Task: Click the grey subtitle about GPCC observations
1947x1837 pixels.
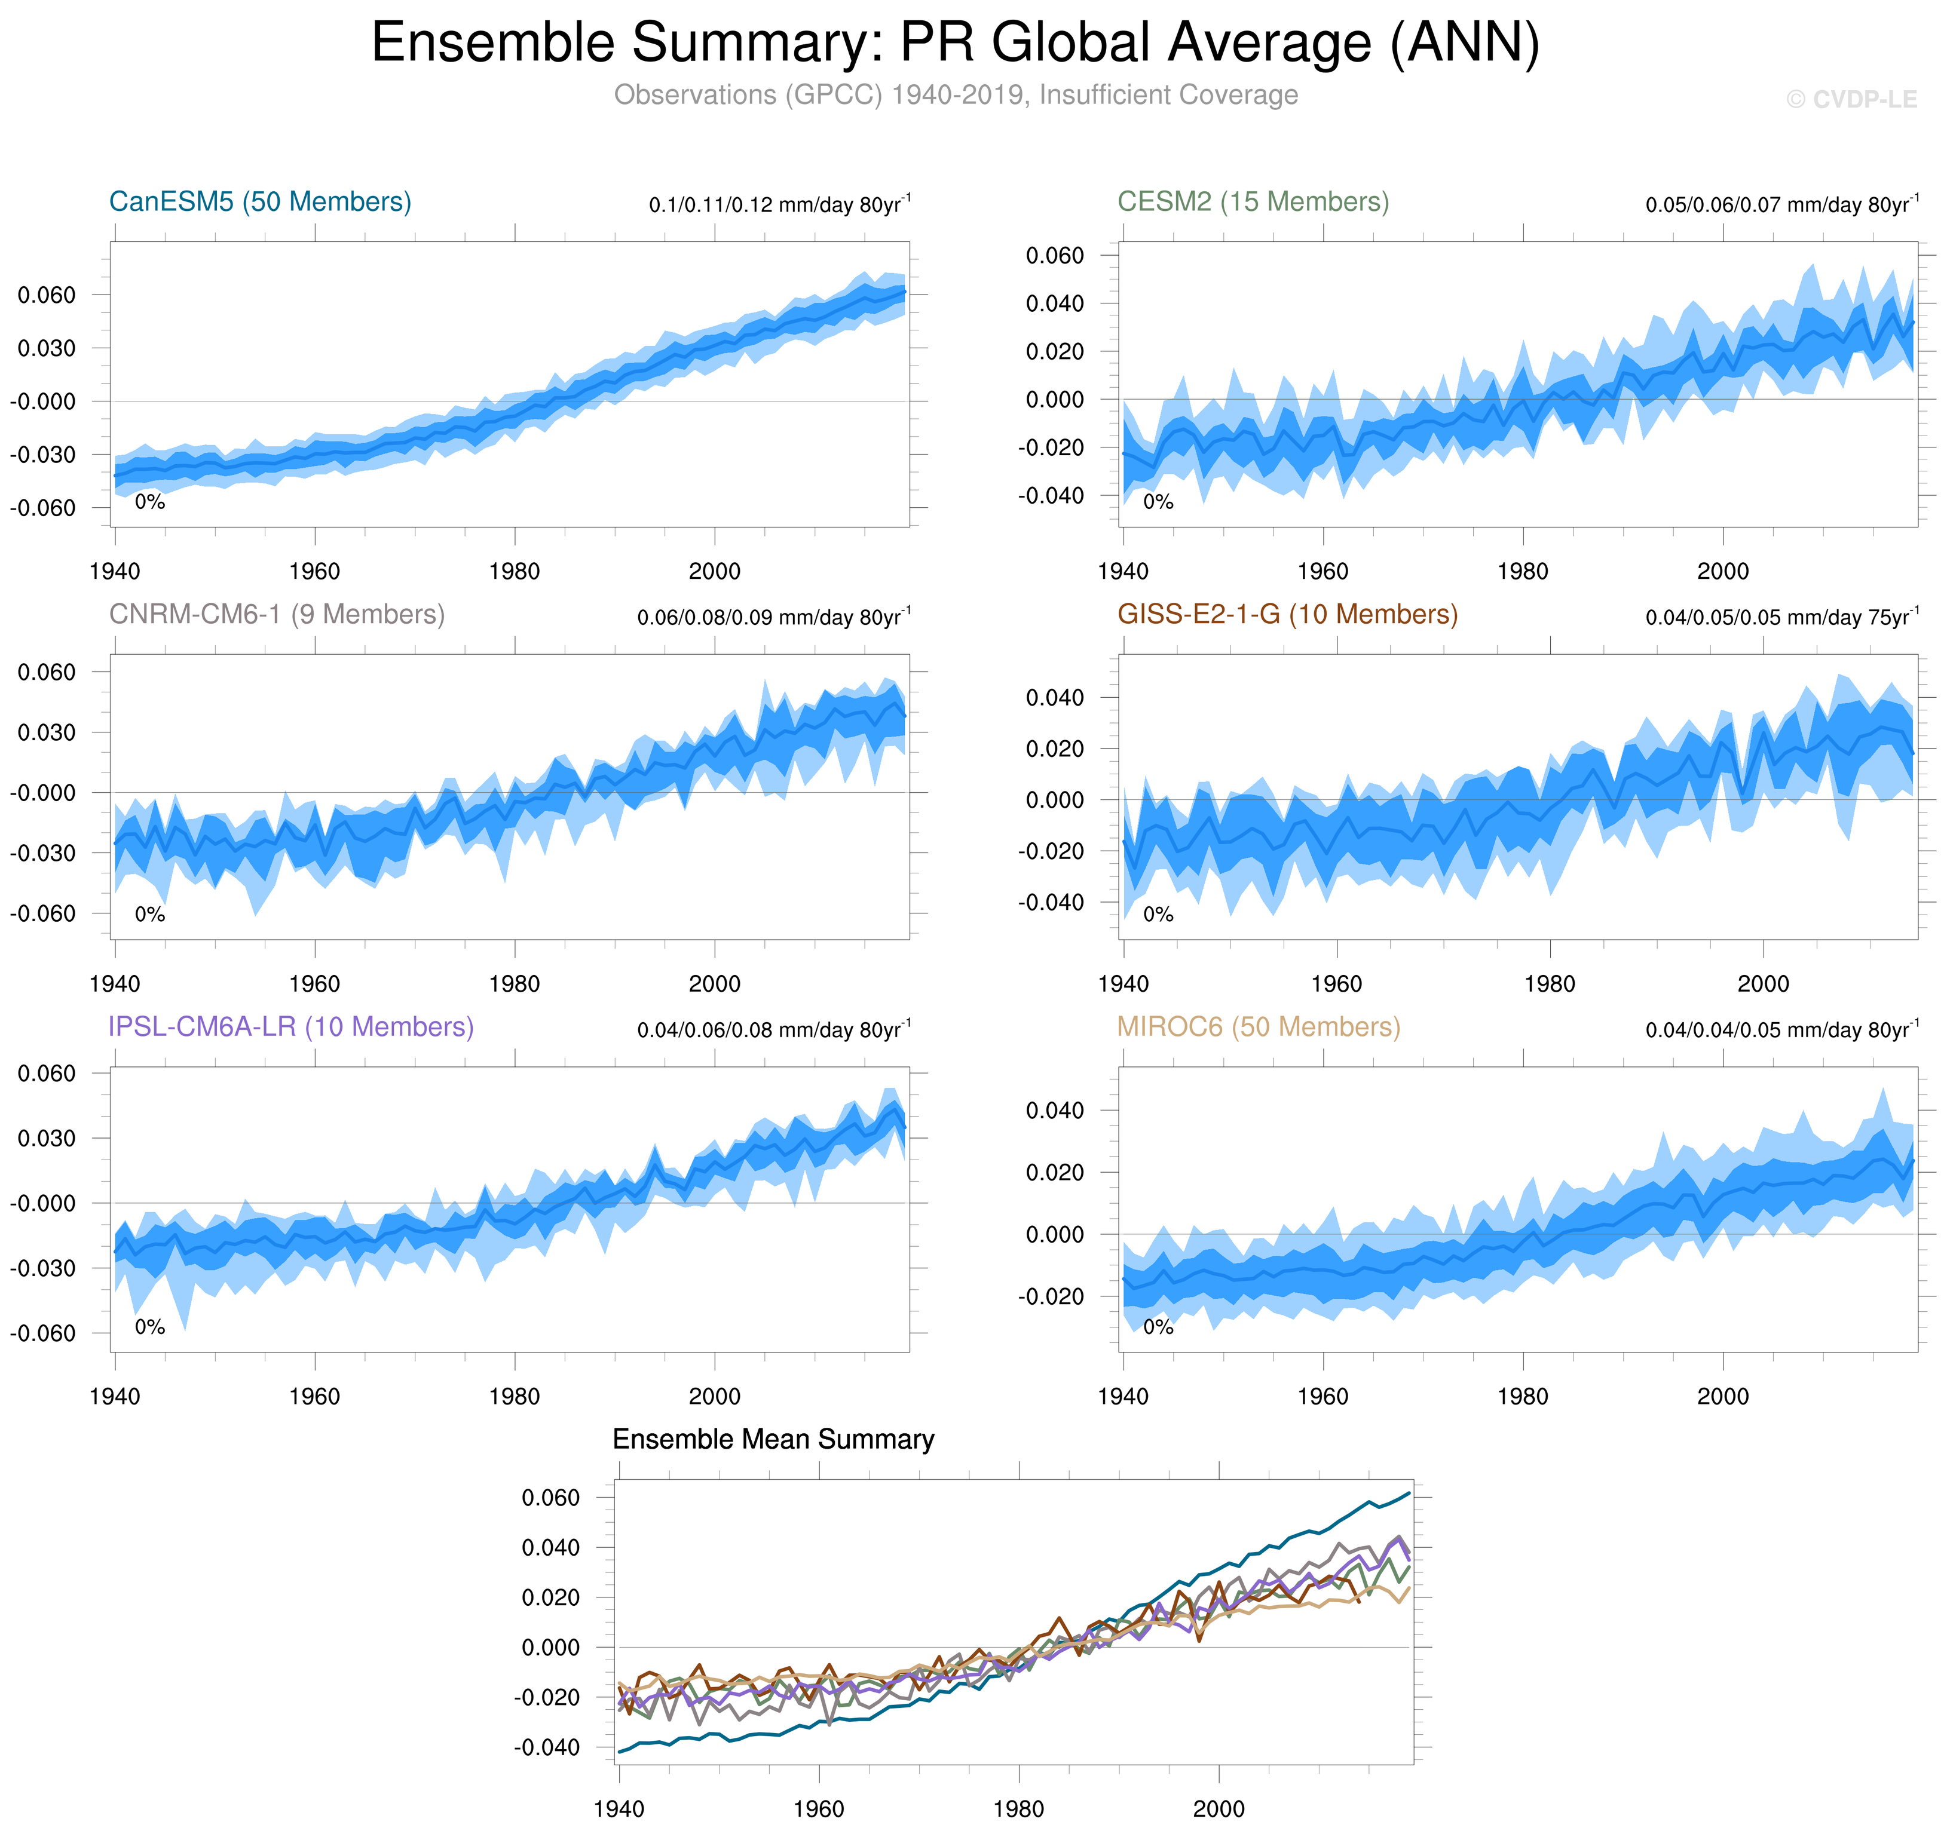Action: (x=955, y=95)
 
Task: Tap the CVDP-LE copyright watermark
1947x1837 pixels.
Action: (x=1850, y=100)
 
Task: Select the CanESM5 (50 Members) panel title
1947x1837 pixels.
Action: (x=259, y=202)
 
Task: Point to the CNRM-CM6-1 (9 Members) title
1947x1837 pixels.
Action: (x=276, y=614)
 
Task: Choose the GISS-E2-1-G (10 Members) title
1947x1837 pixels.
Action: (x=1287, y=614)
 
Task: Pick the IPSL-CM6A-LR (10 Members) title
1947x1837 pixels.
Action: (x=291, y=1026)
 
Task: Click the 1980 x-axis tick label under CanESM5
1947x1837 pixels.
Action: (x=514, y=572)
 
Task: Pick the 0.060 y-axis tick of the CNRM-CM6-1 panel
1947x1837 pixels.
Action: (x=46, y=671)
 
